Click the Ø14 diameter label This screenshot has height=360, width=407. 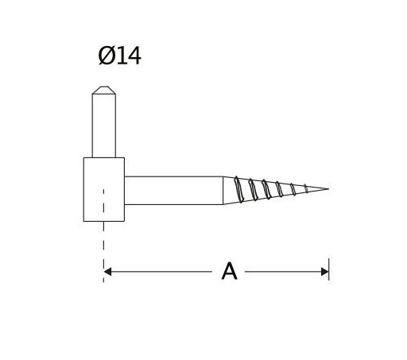click(119, 56)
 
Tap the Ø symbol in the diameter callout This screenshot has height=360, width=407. click(107, 56)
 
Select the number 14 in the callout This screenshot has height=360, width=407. click(129, 56)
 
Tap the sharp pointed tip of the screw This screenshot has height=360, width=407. click(327, 189)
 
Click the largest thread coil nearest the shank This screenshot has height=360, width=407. click(239, 189)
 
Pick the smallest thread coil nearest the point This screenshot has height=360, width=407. click(306, 188)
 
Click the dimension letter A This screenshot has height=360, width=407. click(229, 272)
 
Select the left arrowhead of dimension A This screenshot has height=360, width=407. click(107, 272)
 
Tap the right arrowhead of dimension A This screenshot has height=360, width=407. click(324, 272)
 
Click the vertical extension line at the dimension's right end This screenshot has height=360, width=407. click(328, 262)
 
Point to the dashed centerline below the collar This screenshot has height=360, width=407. click(103, 246)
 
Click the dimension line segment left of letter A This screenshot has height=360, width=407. click(159, 272)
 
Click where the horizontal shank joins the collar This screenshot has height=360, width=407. click(125, 190)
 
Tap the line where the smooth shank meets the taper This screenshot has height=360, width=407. click(223, 190)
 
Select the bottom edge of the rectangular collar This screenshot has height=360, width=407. click(103, 221)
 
